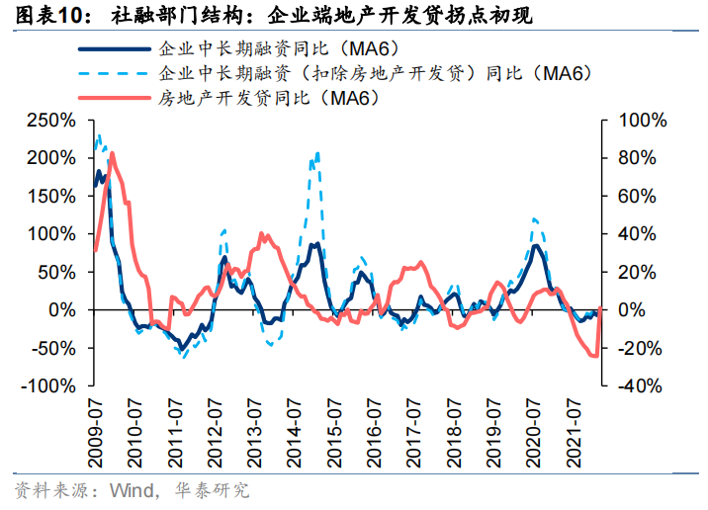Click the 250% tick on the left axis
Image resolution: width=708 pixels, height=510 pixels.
[x=51, y=120]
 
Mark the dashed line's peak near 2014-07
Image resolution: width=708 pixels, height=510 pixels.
[x=317, y=153]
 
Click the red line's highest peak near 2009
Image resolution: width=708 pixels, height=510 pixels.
[x=112, y=153]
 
